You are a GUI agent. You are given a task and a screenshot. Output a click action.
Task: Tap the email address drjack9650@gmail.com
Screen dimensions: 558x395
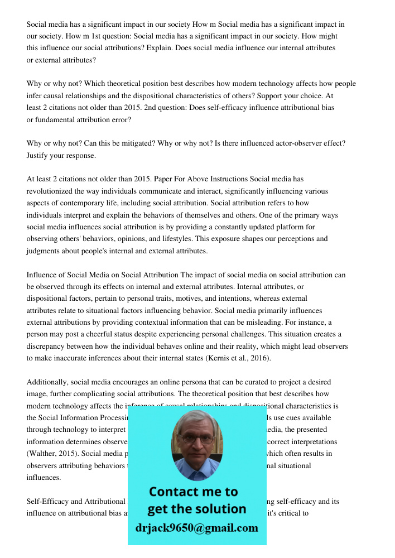[x=196, y=528]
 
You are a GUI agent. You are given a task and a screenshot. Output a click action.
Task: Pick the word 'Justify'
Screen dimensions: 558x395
[x=37, y=156]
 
